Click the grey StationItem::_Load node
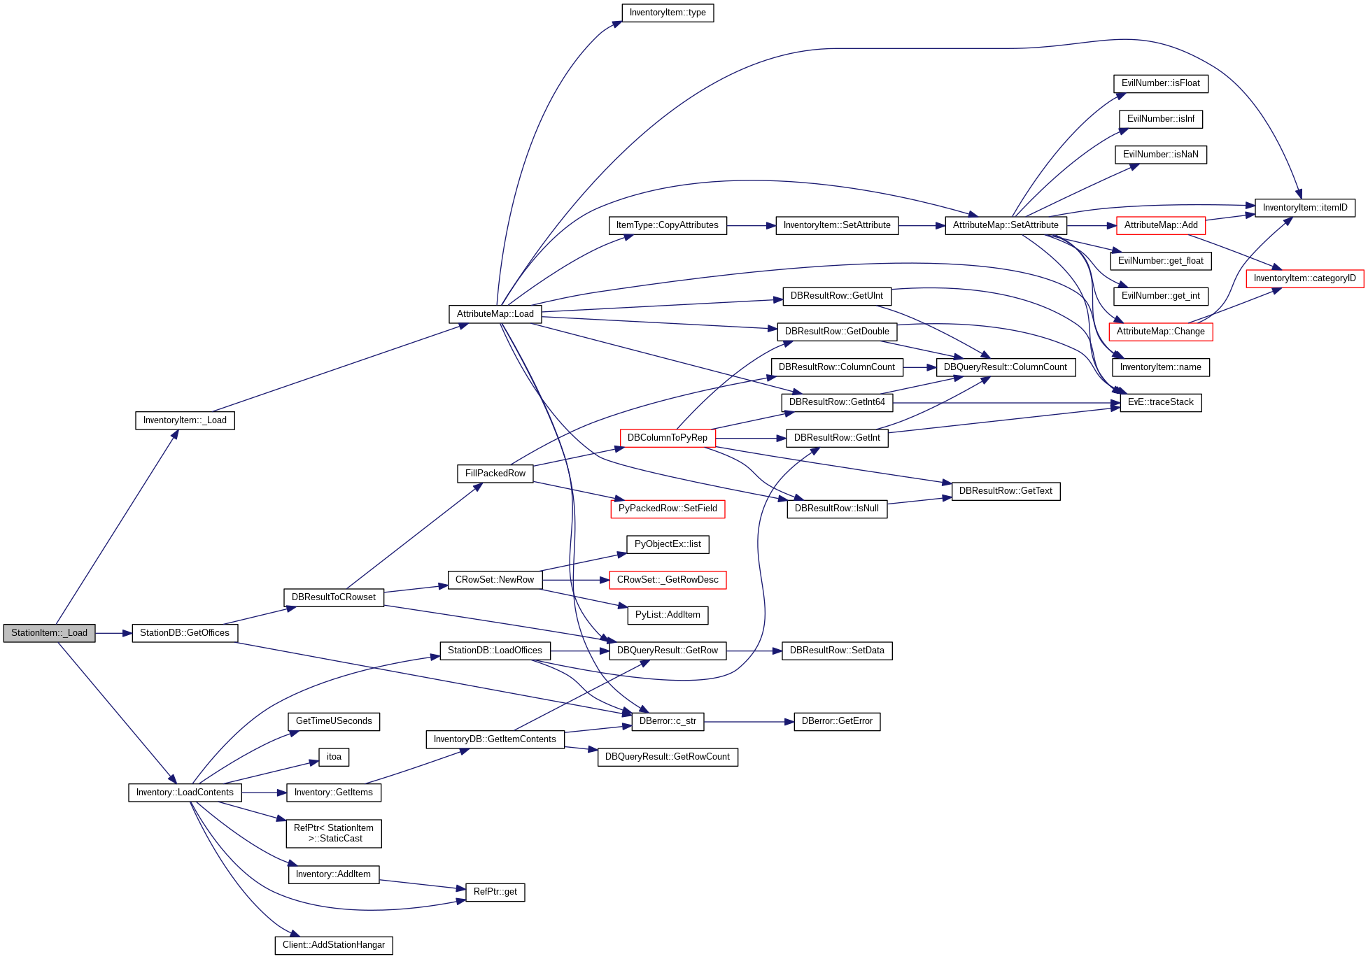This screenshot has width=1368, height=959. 49,633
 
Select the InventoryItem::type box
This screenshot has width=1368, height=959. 668,13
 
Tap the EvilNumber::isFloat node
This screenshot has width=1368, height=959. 1160,83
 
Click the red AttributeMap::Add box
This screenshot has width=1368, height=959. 1160,225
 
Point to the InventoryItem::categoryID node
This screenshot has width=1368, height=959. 1304,278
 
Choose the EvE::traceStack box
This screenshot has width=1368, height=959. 1160,402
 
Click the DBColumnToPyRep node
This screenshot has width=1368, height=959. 667,438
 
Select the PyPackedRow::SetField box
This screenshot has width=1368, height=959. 667,509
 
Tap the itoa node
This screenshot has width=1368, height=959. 334,757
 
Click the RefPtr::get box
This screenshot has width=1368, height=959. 495,892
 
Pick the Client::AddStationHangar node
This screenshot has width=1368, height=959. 333,945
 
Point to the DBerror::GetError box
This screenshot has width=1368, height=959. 837,721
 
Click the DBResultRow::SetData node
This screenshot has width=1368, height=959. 837,651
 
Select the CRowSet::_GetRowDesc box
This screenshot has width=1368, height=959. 667,580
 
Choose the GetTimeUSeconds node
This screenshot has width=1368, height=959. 334,721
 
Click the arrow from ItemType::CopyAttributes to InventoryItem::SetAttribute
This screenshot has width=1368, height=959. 751,226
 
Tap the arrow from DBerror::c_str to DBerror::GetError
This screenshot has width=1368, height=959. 749,722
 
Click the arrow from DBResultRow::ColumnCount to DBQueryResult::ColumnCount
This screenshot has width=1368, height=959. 919,367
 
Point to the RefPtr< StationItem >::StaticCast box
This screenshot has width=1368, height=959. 334,833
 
